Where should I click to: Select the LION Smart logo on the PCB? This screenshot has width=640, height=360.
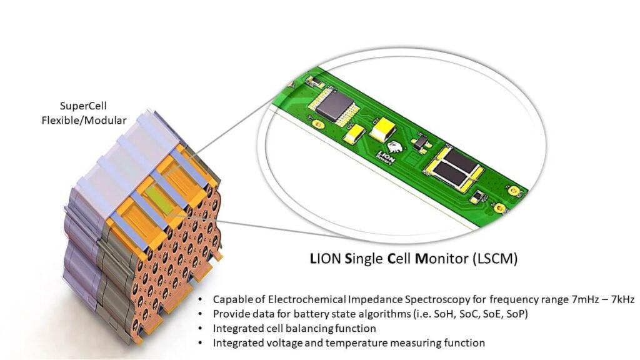391,151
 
